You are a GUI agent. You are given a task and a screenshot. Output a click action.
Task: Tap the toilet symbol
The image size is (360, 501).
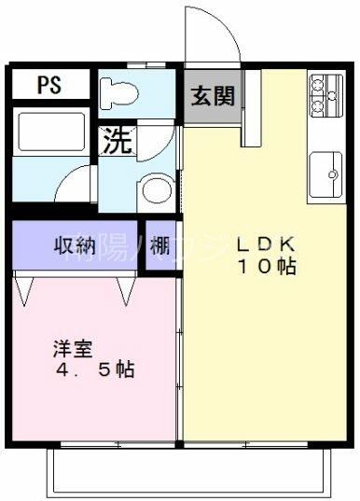(119, 91)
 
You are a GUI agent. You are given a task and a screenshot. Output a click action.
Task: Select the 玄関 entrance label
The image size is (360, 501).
(213, 95)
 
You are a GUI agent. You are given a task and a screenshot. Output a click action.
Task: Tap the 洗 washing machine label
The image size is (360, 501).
(116, 141)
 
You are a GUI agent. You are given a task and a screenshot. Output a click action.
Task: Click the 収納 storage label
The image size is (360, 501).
(75, 246)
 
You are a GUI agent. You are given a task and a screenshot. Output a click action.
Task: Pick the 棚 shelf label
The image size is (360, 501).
(159, 246)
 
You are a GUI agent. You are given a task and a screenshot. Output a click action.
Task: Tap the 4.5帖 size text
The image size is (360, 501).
(93, 370)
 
